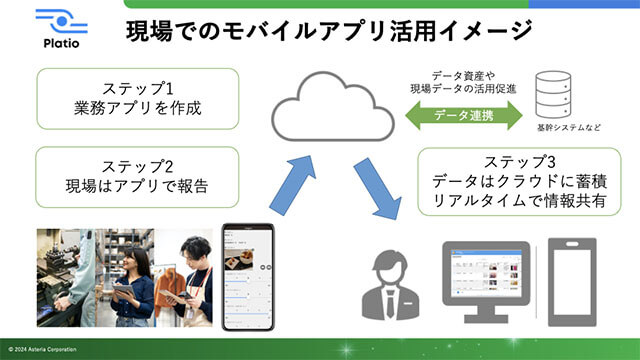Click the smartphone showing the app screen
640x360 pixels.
tap(247, 277)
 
